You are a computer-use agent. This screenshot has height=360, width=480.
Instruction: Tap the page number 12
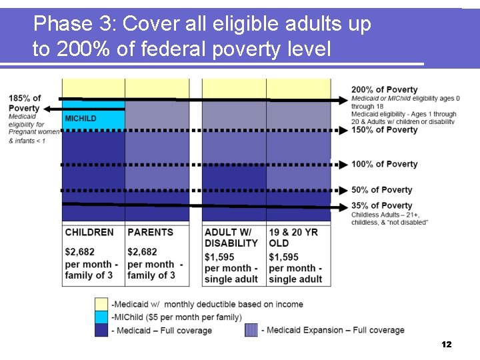447,345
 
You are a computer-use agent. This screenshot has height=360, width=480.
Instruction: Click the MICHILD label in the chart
81,119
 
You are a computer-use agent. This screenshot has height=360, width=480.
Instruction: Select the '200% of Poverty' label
385,90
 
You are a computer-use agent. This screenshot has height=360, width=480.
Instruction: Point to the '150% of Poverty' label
385,130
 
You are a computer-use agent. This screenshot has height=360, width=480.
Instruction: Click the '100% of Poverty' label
385,164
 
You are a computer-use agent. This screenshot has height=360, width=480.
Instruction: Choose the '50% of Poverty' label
382,190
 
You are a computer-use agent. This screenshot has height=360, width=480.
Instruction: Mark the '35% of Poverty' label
382,205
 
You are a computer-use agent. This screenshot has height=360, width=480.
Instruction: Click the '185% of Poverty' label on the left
25,103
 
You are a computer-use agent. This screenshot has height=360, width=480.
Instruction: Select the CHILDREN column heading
89,233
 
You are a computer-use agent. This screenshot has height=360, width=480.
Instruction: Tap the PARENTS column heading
150,233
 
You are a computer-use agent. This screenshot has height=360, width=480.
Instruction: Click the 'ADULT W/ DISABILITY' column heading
231,238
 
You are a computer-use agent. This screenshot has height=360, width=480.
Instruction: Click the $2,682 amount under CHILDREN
80,252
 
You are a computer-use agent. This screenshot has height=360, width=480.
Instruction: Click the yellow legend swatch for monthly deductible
101,305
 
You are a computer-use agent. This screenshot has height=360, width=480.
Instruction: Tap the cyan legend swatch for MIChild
101,317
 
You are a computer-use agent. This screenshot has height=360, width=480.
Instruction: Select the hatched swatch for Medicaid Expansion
251,330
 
